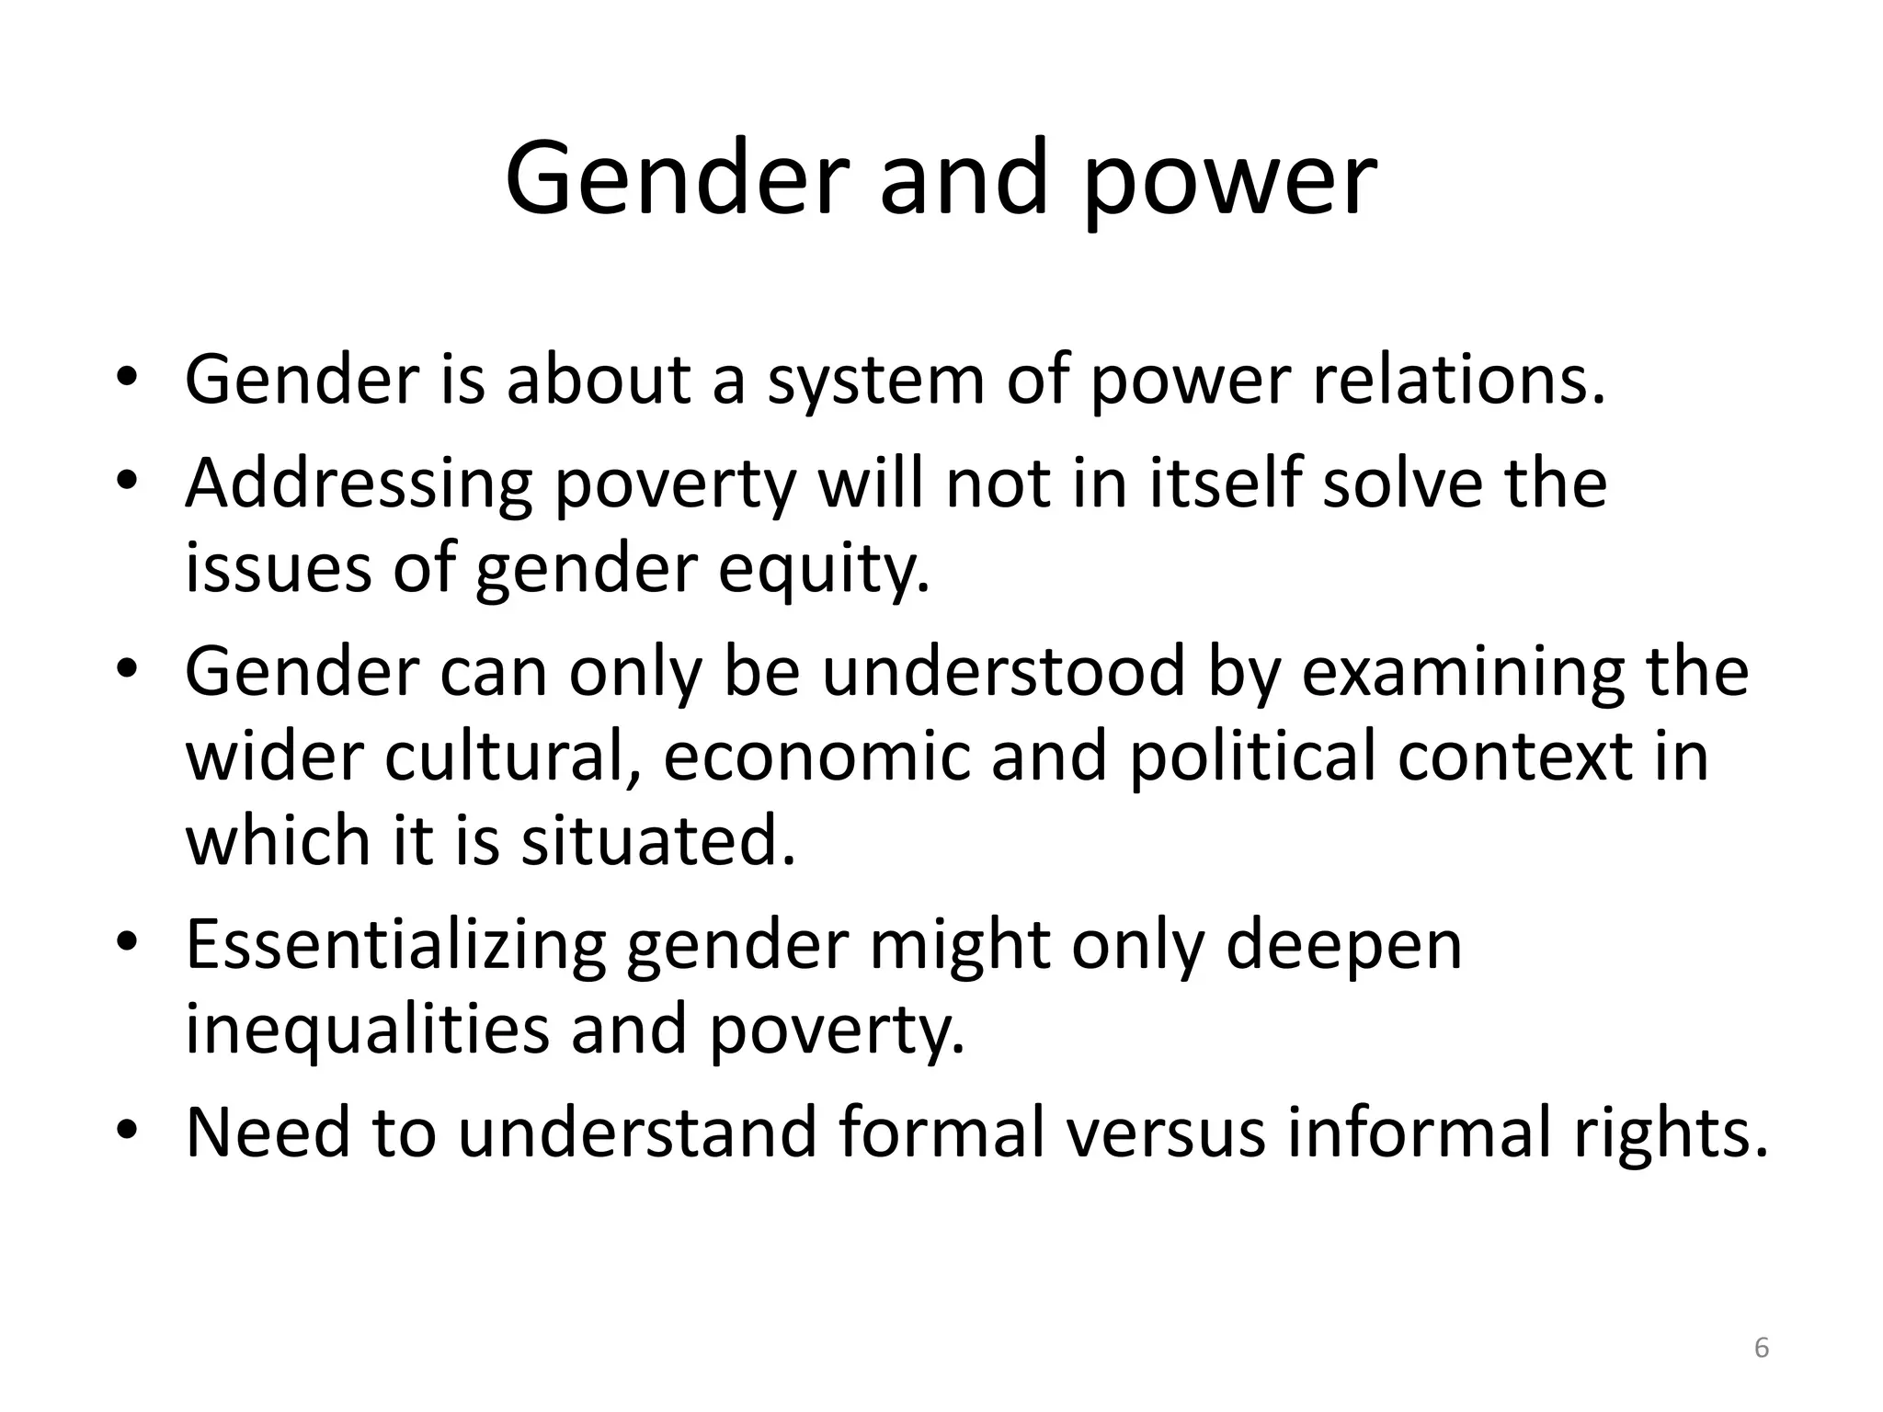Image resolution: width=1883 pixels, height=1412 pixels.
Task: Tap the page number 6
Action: point(1762,1348)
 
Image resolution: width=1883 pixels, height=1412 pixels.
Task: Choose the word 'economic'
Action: point(816,756)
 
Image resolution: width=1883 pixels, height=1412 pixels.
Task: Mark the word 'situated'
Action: point(657,840)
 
